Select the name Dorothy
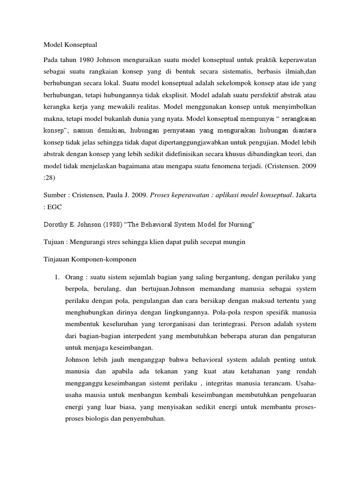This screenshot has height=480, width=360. (58, 225)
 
